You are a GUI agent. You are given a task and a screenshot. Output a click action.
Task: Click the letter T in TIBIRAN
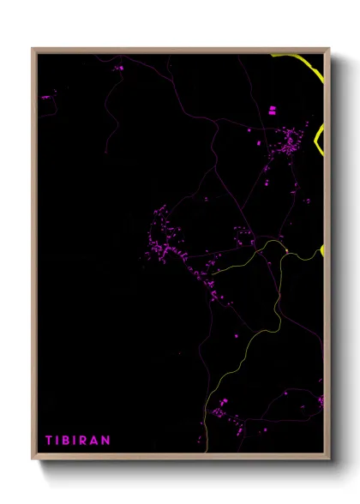(49, 440)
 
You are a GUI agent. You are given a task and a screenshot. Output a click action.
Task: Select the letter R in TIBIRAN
(85, 440)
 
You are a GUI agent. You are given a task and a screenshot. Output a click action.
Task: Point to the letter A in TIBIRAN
(95, 440)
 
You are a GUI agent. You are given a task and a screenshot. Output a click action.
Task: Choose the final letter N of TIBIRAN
(106, 440)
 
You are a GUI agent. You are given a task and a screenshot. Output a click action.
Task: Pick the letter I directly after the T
(57, 440)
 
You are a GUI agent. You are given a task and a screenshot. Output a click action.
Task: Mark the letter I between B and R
(76, 440)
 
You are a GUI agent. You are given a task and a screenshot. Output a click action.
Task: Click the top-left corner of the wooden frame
(33, 49)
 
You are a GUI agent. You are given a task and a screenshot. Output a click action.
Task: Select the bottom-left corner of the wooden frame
(33, 460)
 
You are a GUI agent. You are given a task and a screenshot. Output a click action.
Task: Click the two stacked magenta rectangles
(273, 110)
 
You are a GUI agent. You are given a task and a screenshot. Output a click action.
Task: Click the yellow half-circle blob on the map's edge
(322, 250)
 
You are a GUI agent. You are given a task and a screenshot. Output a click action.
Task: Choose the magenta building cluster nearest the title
(225, 415)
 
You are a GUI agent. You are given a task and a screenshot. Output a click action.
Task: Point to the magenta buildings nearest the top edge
(118, 67)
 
